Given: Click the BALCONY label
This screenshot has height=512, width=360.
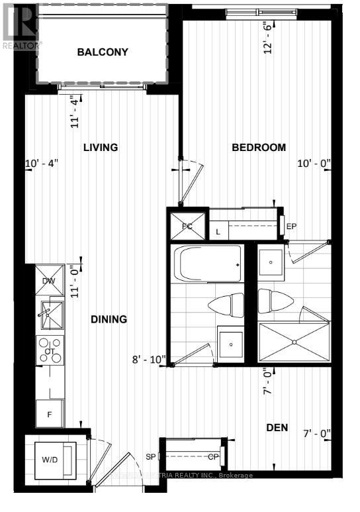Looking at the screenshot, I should point(102,52).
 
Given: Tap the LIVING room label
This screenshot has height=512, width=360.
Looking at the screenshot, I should point(101,147).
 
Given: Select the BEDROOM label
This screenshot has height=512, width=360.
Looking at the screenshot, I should point(259,147).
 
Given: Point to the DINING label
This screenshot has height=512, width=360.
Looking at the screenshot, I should point(109,319).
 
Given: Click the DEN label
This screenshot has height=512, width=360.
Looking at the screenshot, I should point(277,428).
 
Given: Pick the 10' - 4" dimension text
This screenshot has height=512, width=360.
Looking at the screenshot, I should point(42,163).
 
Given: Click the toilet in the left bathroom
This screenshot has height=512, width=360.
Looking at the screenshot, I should point(226,306).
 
